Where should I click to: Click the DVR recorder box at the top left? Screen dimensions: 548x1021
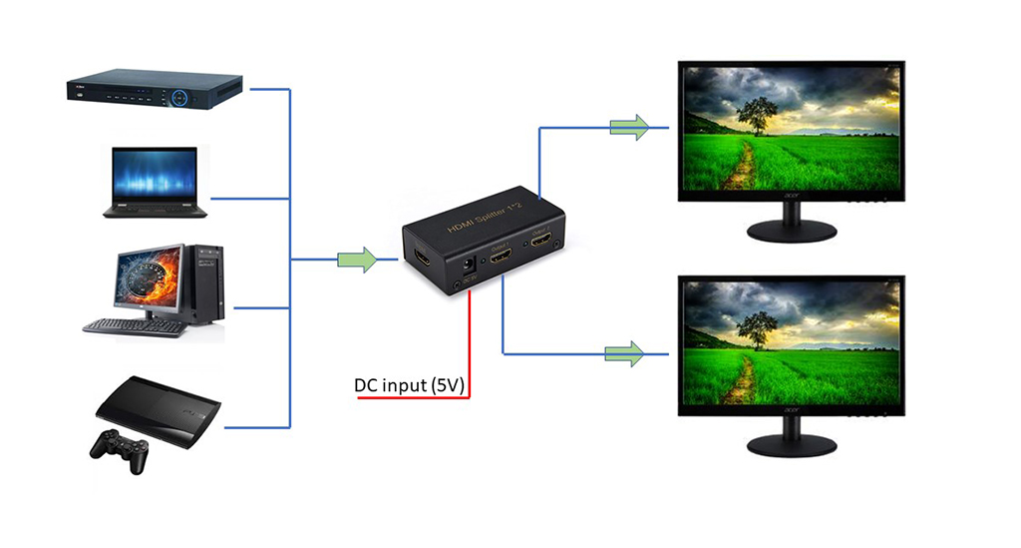pyautogui.click(x=155, y=90)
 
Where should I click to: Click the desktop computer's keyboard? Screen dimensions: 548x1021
pyautogui.click(x=135, y=326)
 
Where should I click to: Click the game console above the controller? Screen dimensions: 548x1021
pyautogui.click(x=158, y=404)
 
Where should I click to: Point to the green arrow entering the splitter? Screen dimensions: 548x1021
pyautogui.click(x=356, y=261)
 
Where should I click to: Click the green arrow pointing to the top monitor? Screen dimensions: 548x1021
pyautogui.click(x=629, y=127)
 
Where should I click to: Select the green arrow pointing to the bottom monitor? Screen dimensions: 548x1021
pyautogui.click(x=624, y=352)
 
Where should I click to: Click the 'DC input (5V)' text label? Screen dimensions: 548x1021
pyautogui.click(x=410, y=385)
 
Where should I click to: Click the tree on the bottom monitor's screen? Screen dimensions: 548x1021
pyautogui.click(x=759, y=328)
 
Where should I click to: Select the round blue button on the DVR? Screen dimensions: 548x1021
pyautogui.click(x=179, y=98)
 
